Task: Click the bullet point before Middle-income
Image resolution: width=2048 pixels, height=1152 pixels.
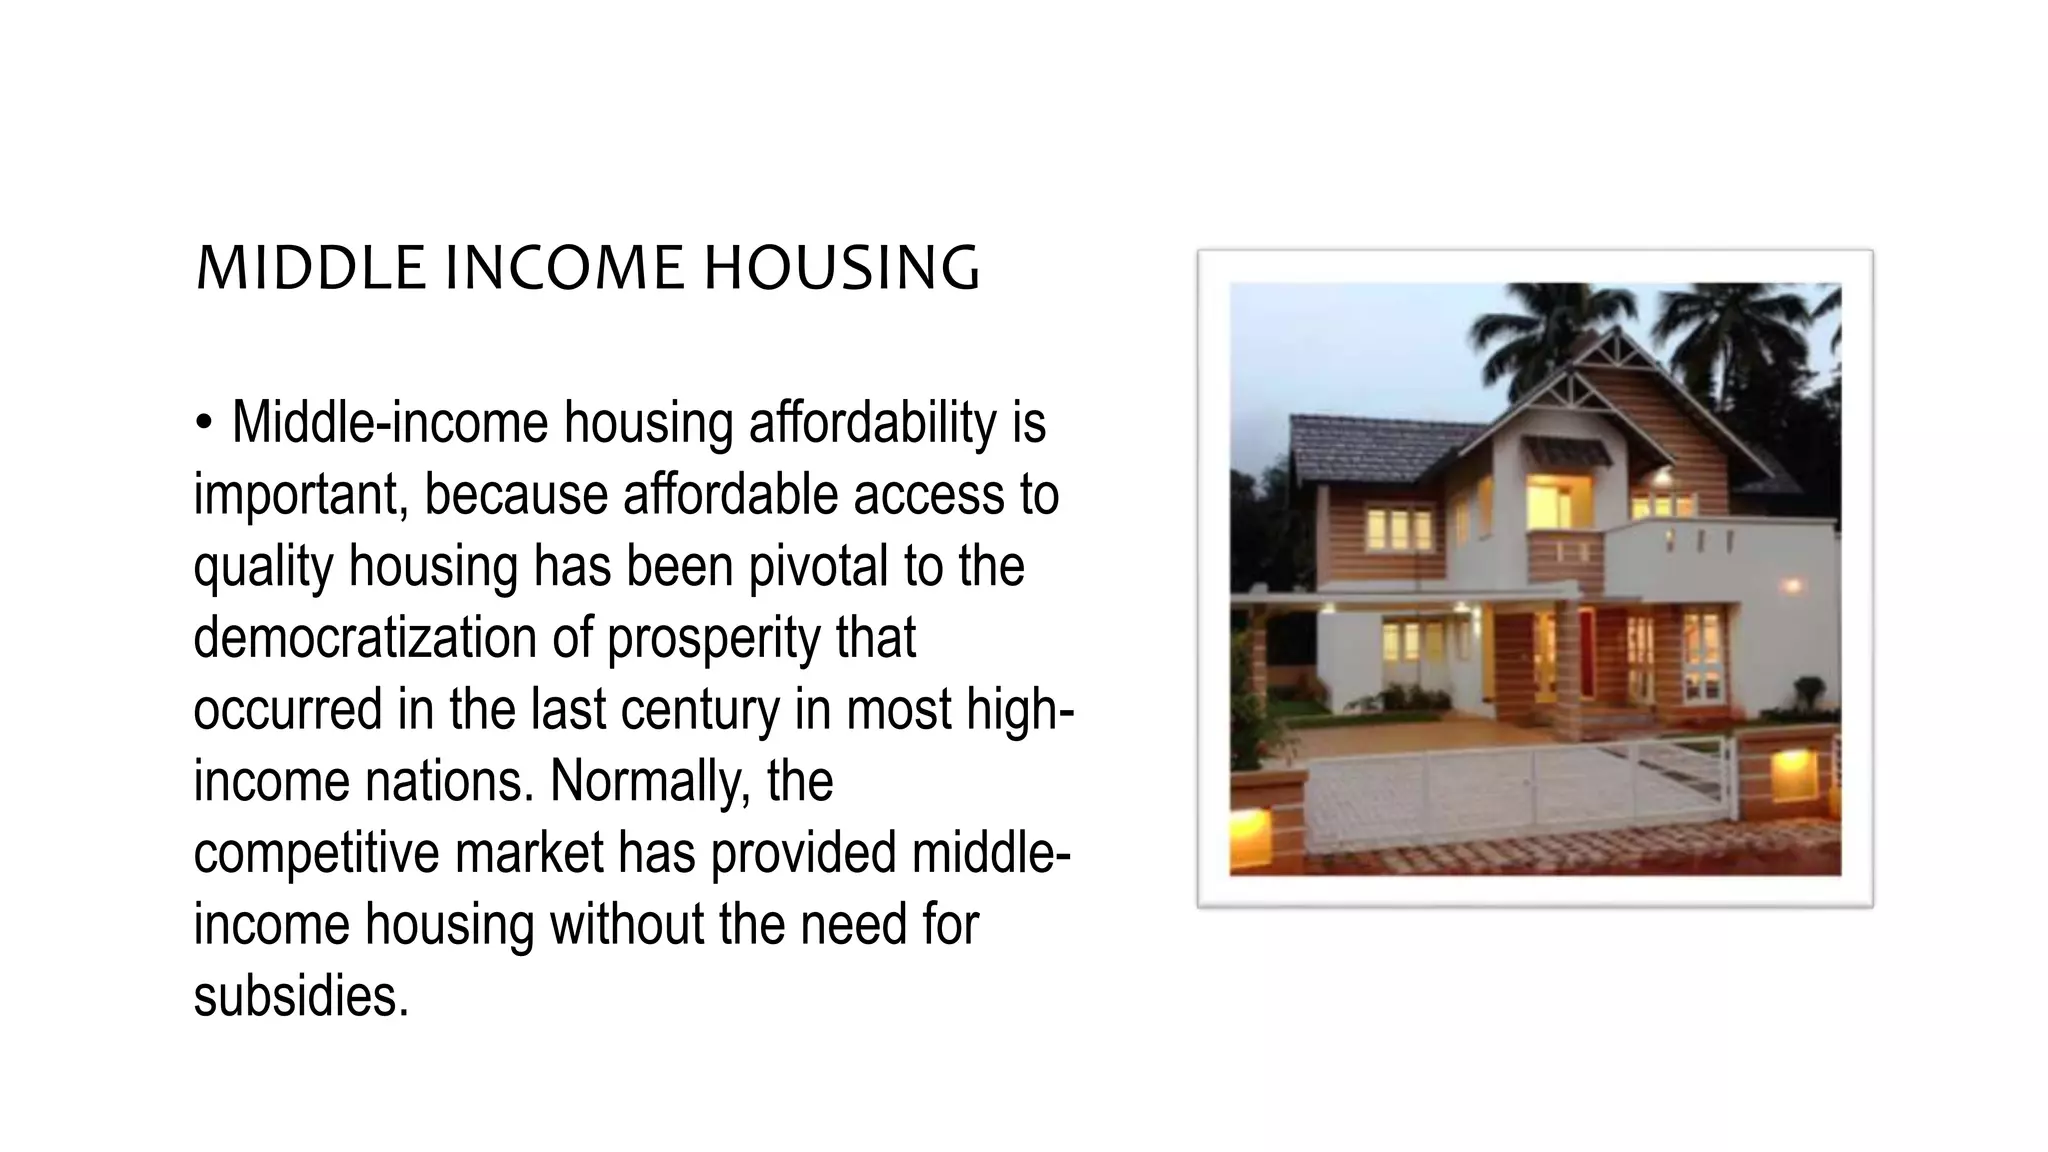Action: click(204, 423)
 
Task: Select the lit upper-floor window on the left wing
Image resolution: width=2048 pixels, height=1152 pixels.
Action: click(1399, 529)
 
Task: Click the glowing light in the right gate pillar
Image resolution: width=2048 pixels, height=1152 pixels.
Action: click(1795, 776)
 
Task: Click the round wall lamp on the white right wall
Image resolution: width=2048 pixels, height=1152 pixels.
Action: click(1792, 586)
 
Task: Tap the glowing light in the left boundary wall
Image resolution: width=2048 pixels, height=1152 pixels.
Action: click(1251, 828)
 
